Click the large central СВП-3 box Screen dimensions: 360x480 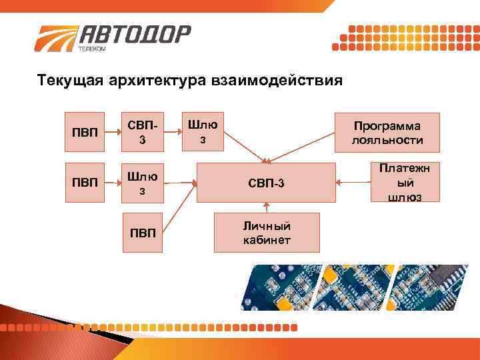267,182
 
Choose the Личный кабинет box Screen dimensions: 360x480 267,233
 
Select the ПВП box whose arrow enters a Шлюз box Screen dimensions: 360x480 84,182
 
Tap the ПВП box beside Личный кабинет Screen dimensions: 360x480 142,233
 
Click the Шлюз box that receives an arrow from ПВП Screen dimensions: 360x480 142,182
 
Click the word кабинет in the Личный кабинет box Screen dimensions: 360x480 267,240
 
